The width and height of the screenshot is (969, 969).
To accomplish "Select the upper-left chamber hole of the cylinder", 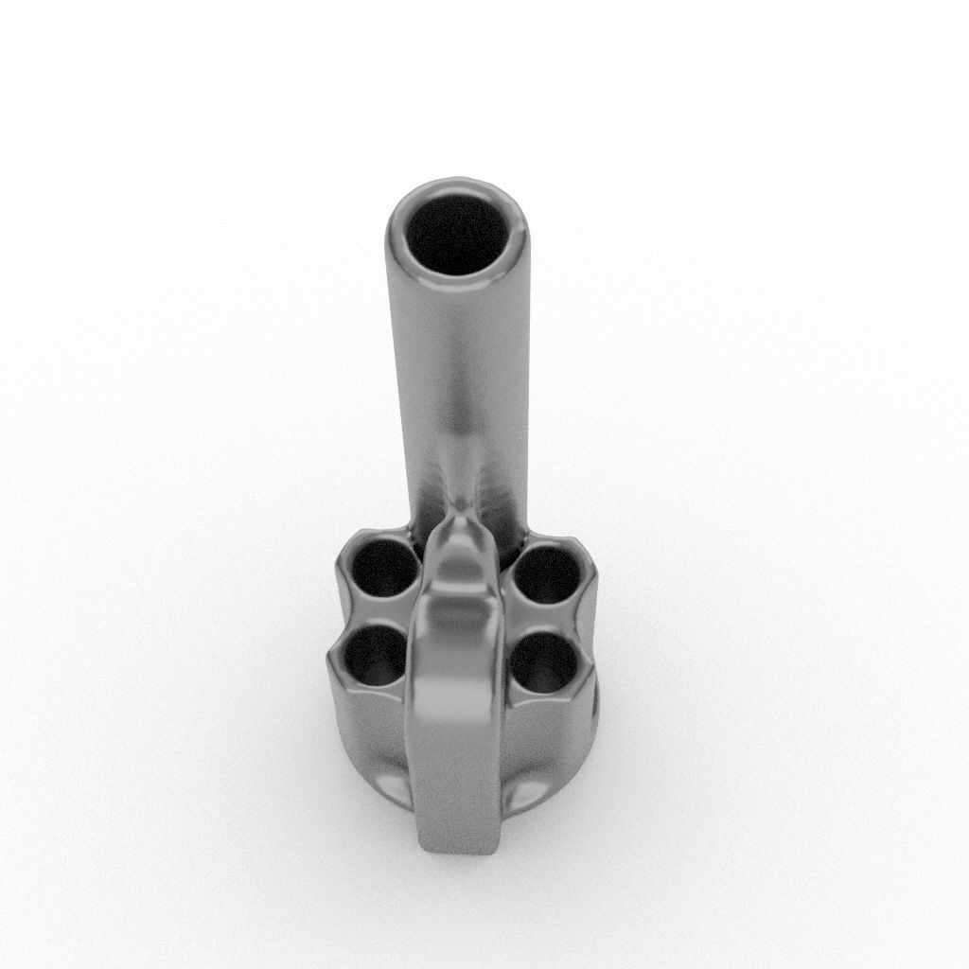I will (384, 568).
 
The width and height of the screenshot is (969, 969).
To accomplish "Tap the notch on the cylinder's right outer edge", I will (593, 625).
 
